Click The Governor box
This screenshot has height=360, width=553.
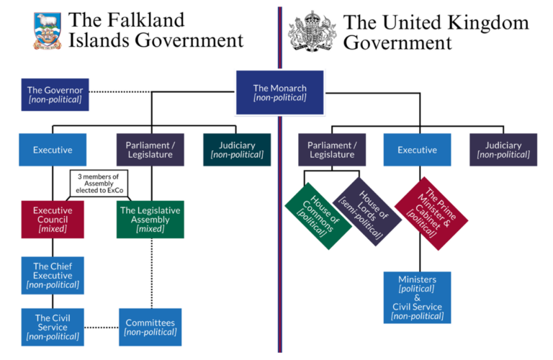point(55,94)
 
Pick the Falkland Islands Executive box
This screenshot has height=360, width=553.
point(53,150)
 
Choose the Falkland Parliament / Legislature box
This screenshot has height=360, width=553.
point(150,150)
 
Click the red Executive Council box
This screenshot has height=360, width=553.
point(53,219)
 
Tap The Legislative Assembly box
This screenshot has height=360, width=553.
point(150,219)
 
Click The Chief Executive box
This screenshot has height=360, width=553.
point(53,274)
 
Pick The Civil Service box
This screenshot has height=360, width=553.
point(53,327)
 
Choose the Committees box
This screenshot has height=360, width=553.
point(150,327)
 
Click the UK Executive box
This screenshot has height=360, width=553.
point(417,150)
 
